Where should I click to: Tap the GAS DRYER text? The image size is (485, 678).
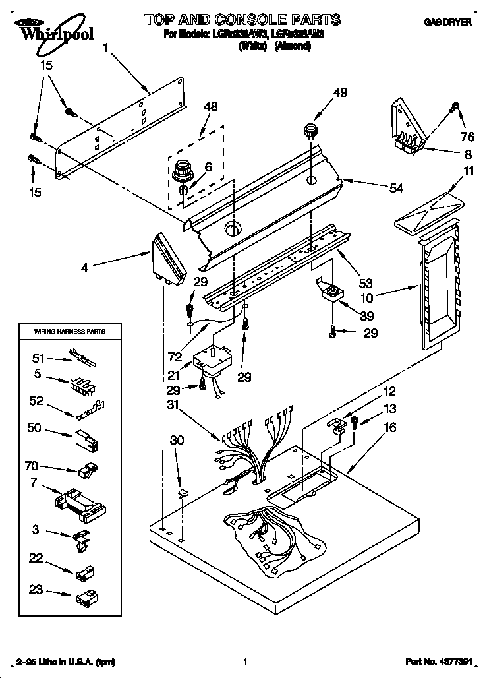coord(451,22)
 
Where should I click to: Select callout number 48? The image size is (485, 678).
coord(211,106)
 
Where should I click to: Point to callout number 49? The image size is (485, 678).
coord(341,92)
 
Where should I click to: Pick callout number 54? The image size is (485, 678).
coord(396,189)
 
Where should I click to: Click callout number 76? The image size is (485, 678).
coord(467,137)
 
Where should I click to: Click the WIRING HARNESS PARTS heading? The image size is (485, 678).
coord(69,331)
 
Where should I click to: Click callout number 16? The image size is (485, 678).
coord(390,427)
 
